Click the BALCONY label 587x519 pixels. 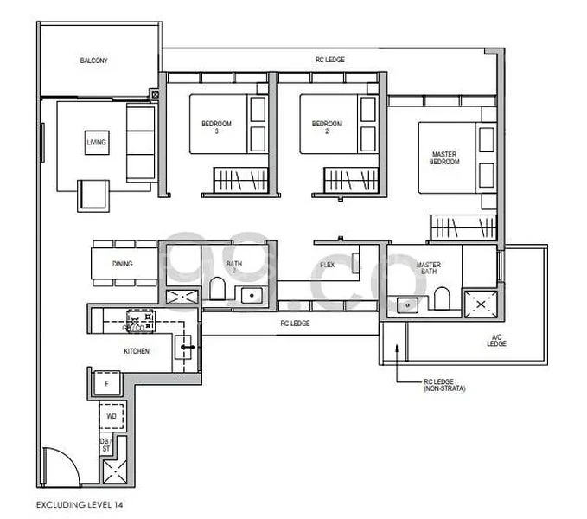click(x=93, y=61)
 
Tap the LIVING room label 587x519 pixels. click(x=95, y=142)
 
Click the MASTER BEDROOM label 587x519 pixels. click(x=444, y=158)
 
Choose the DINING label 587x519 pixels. click(x=123, y=264)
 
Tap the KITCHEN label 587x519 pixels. click(x=136, y=351)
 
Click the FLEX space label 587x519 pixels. click(x=328, y=265)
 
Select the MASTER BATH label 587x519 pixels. click(x=428, y=268)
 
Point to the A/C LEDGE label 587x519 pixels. click(x=495, y=341)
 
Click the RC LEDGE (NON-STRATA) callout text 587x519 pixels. click(x=444, y=387)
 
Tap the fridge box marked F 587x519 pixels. click(x=107, y=382)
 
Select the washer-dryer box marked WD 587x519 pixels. click(x=112, y=416)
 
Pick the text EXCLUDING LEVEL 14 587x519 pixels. click(x=80, y=503)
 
